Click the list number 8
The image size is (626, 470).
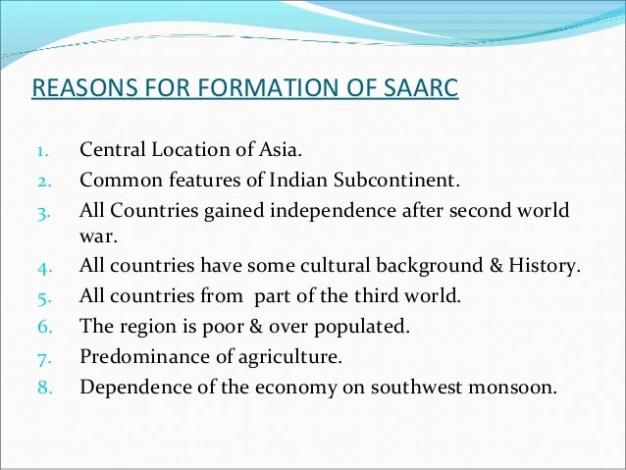(41, 386)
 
